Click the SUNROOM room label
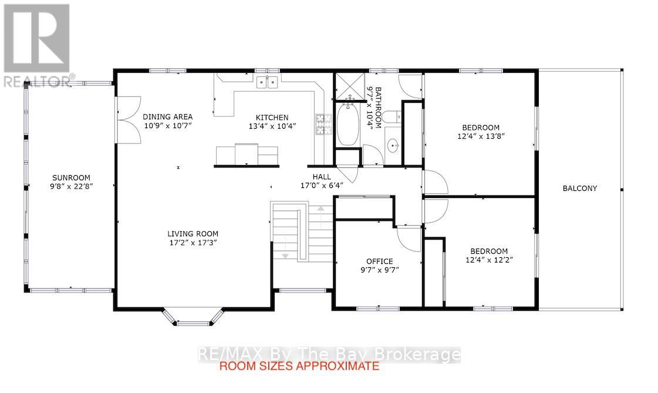click(x=72, y=177)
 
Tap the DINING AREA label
click(x=167, y=117)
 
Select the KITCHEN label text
click(x=272, y=117)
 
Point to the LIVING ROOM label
click(x=193, y=234)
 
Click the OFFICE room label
click(x=380, y=261)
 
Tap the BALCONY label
click(x=580, y=189)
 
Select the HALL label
click(x=322, y=177)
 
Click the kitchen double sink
click(x=267, y=82)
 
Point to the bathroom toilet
click(x=392, y=117)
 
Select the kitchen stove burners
click(x=320, y=125)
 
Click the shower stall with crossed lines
click(x=350, y=88)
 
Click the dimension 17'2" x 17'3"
click(x=193, y=243)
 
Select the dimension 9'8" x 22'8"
click(x=72, y=186)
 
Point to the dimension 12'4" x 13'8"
click(x=481, y=136)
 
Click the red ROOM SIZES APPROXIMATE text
click(x=299, y=366)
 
